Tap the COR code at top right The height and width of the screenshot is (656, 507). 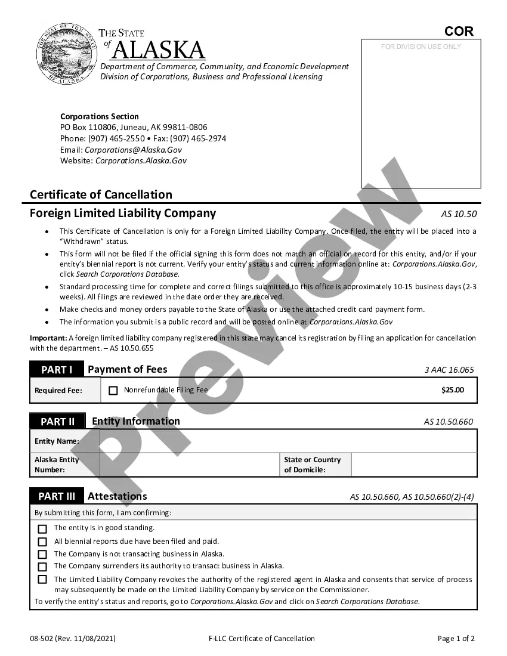point(459,32)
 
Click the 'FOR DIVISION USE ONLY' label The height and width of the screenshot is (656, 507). point(421,47)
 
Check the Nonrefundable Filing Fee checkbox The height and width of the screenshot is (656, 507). point(113,391)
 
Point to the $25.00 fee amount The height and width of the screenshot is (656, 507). point(452,390)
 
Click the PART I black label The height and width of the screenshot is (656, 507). point(57,370)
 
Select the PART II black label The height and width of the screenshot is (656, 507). point(57,422)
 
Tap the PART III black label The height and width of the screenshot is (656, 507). point(57,496)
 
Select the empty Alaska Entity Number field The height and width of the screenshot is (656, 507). point(189,465)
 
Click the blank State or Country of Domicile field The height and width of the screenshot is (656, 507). point(413,465)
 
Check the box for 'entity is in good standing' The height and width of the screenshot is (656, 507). point(42,529)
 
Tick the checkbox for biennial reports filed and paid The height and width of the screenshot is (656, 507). point(42,542)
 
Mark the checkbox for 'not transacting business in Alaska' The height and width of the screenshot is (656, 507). point(42,555)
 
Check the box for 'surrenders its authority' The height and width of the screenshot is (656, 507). point(42,567)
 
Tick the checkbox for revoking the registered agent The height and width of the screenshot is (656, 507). point(42,580)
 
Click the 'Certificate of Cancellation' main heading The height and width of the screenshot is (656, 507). point(101,194)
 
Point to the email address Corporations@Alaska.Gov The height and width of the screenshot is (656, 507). point(133,150)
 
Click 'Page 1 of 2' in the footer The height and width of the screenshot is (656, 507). point(456,639)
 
